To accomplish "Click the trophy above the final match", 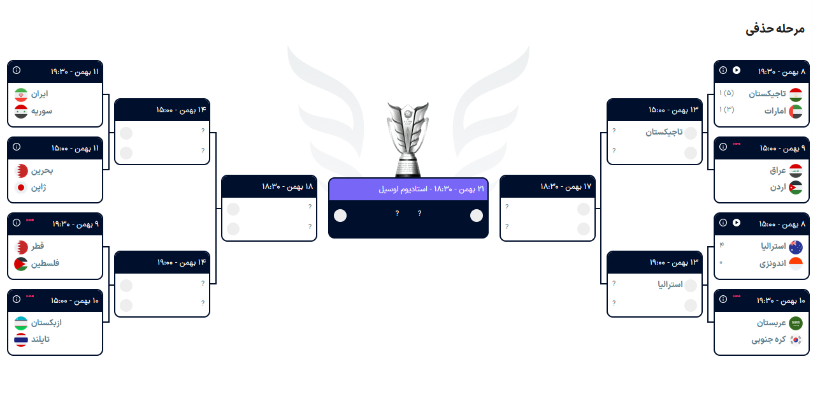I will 408,139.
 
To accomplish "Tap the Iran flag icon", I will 21,94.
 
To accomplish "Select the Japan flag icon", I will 21,188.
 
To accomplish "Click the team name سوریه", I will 42,111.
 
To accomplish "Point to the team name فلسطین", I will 45,263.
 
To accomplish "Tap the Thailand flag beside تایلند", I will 21,339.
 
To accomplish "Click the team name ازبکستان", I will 47,323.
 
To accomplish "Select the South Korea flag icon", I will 796,340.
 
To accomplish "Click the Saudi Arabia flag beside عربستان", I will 796,323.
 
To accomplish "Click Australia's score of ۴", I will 721,246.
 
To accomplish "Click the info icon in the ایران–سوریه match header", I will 17,71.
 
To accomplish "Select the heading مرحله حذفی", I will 775,29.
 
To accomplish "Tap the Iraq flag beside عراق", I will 796,171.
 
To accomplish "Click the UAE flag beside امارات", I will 796,111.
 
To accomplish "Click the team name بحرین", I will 42,171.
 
